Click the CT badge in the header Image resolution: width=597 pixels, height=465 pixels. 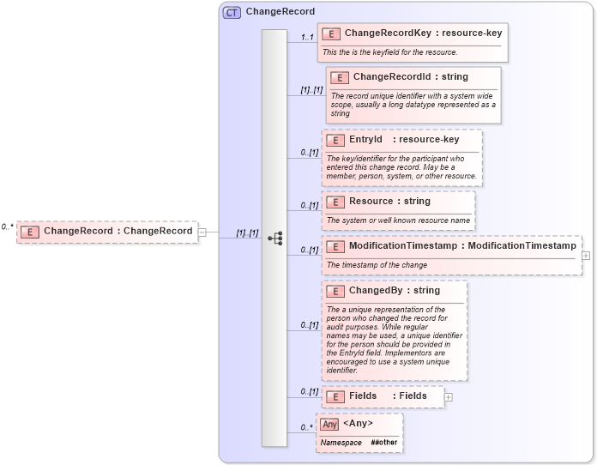point(232,12)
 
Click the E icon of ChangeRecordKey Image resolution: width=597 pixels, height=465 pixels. point(331,33)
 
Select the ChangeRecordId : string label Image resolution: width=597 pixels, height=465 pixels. point(410,77)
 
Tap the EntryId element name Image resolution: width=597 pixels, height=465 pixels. point(365,140)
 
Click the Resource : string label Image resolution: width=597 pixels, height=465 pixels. point(389,202)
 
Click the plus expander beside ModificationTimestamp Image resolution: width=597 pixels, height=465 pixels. point(586,256)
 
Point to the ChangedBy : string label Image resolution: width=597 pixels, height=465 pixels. point(394,291)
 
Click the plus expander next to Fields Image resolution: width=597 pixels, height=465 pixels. point(449,396)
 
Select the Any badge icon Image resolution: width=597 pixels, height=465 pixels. point(329,424)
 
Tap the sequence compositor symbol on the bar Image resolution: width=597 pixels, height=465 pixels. point(274,239)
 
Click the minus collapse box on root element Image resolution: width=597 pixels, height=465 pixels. point(202,232)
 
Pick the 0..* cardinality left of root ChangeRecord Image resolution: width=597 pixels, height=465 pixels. point(7,227)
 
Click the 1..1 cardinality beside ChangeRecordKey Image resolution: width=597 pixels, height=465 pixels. point(307,38)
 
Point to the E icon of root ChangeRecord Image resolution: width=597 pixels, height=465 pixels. point(30,232)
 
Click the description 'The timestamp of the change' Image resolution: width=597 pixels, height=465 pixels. point(377,265)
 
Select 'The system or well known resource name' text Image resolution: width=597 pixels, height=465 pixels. point(398,220)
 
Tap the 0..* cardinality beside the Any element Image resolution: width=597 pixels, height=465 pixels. point(306,427)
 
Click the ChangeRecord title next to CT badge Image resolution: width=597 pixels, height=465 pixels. point(280,12)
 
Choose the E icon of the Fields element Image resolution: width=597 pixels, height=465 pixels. point(335,396)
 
